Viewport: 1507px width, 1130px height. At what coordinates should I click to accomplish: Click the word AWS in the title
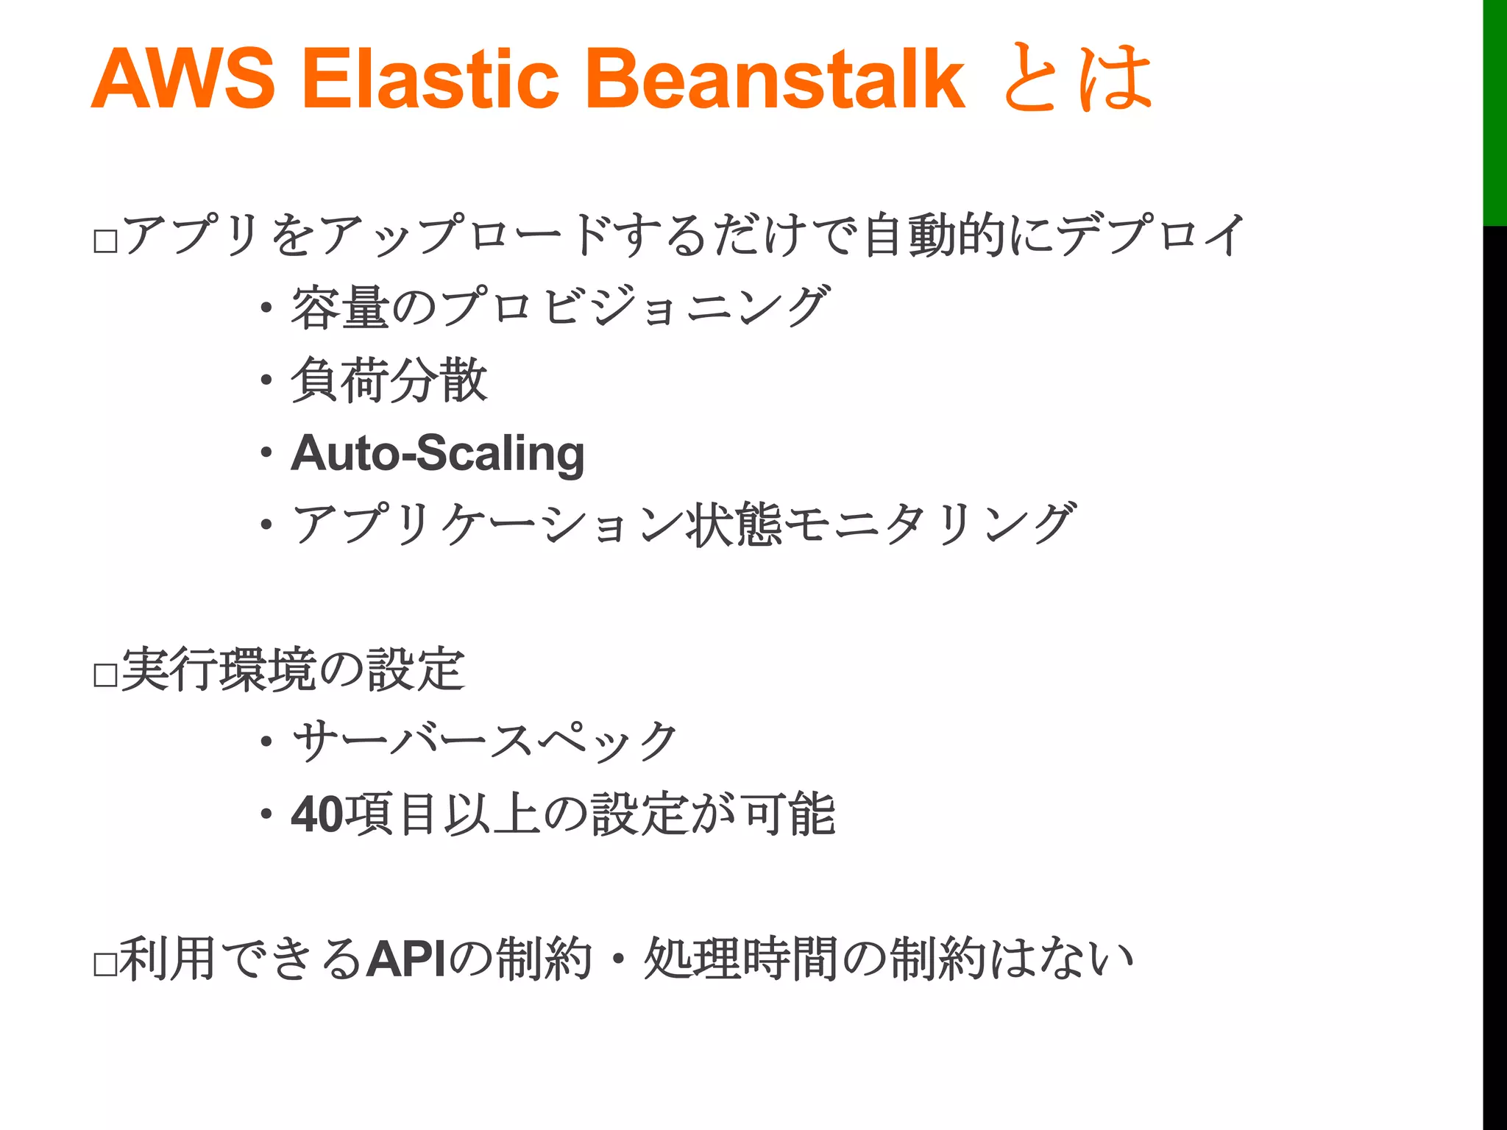[x=183, y=78]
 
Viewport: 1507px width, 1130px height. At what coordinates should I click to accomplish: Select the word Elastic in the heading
[x=430, y=78]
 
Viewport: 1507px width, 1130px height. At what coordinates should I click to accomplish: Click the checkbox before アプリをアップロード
[x=106, y=241]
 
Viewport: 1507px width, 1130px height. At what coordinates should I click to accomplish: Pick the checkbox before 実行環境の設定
[x=106, y=675]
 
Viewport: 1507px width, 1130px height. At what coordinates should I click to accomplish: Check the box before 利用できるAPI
[x=106, y=964]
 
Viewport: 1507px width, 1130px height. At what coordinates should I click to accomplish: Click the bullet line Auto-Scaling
[x=438, y=453]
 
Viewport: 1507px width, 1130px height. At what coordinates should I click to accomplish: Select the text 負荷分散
[x=389, y=380]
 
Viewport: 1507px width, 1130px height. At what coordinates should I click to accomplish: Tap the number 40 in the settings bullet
[x=316, y=814]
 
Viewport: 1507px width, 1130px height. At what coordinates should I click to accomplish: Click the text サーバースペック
[x=485, y=742]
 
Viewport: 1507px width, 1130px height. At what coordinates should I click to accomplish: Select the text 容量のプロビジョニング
[x=560, y=308]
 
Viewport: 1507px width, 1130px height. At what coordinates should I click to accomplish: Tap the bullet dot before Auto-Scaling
[x=266, y=453]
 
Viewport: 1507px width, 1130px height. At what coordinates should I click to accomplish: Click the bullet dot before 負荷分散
[x=266, y=381]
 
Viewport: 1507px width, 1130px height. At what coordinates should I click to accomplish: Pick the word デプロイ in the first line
[x=1151, y=235]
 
